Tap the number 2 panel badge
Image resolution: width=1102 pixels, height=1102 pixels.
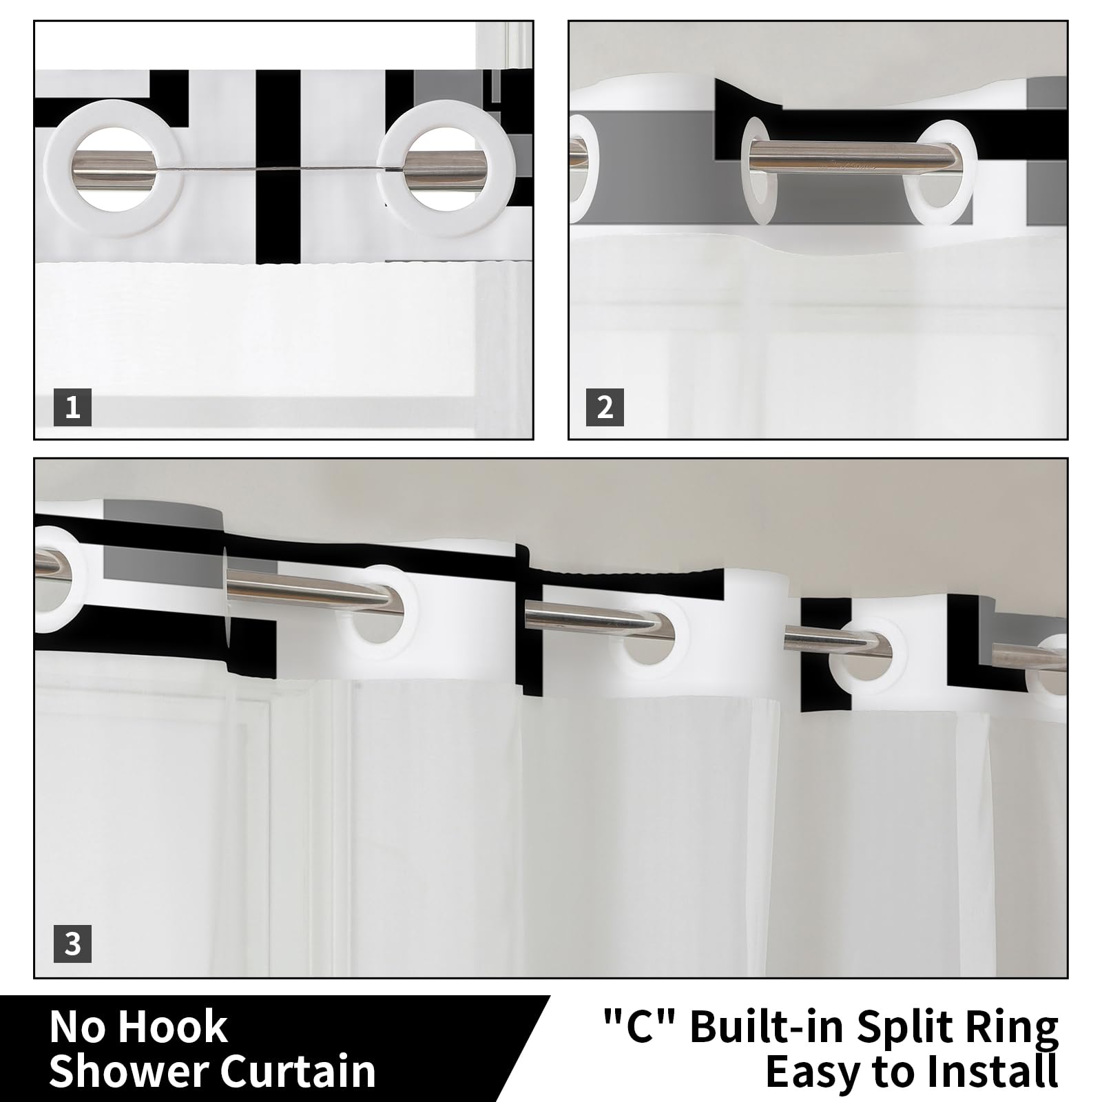605,407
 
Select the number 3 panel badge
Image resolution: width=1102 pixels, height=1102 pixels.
72,944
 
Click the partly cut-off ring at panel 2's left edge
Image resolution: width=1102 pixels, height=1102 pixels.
583,169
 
